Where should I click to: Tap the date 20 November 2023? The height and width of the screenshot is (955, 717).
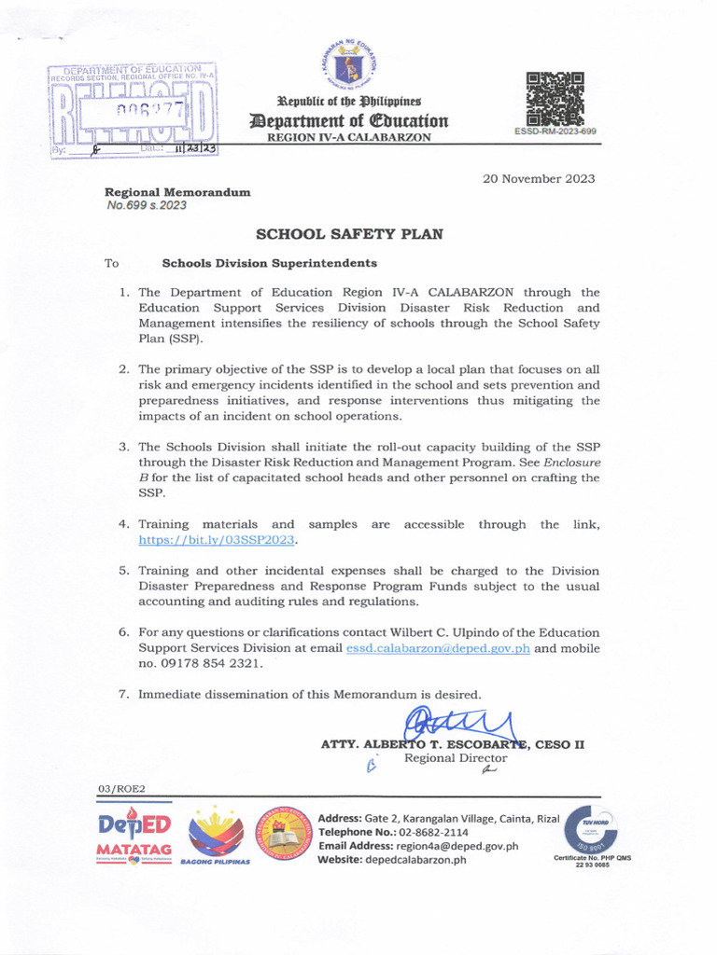(539, 179)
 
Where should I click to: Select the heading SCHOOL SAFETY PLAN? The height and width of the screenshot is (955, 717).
(349, 235)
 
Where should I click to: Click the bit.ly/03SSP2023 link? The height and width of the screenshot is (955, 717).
(223, 539)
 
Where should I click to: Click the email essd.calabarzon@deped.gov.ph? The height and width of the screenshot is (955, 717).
(438, 648)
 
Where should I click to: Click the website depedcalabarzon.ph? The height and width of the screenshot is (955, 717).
(419, 860)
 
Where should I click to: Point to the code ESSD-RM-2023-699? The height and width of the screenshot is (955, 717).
(555, 131)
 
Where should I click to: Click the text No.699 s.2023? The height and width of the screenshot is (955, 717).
(147, 205)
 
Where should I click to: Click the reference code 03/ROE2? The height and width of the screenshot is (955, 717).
(121, 789)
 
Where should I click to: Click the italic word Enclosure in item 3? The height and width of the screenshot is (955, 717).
(569, 462)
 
